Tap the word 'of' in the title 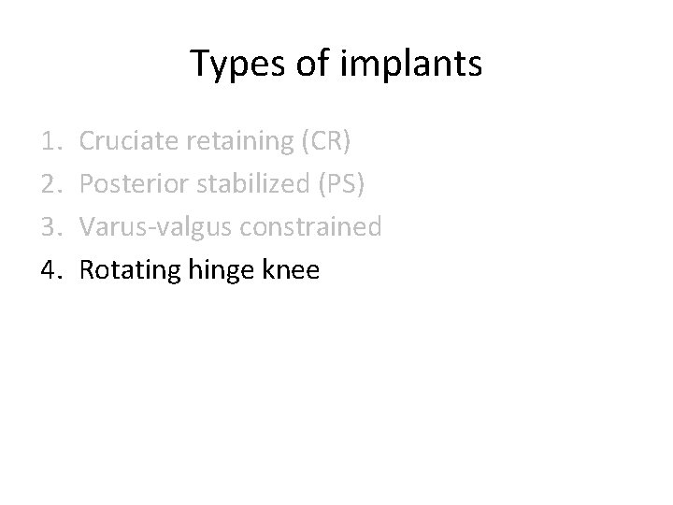304,65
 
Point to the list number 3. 50,227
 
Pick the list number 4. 50,270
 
